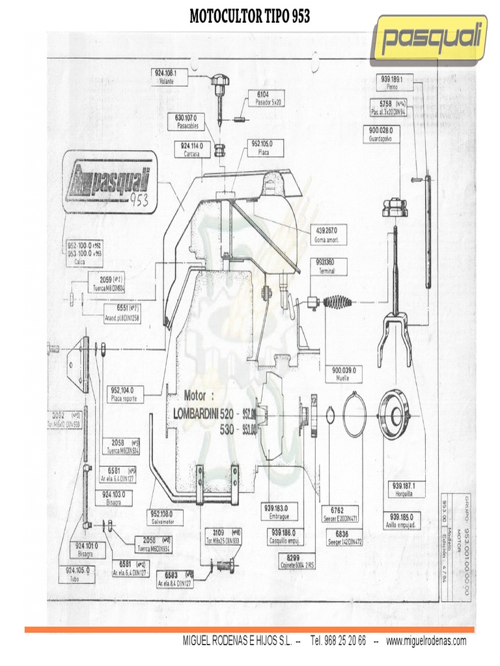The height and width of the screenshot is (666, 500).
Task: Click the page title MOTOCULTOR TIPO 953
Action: click(x=249, y=16)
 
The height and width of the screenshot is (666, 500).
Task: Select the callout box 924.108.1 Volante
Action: click(x=171, y=78)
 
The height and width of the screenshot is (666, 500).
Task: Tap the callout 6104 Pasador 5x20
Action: click(x=267, y=98)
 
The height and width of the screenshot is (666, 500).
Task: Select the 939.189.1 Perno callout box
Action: click(x=393, y=81)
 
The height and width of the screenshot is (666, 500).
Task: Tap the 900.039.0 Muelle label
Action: click(x=344, y=373)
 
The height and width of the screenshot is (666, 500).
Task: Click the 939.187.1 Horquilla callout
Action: click(x=408, y=489)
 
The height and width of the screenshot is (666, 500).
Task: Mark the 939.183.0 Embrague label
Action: click(x=281, y=511)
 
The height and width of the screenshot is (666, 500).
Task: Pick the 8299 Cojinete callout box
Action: click(x=300, y=561)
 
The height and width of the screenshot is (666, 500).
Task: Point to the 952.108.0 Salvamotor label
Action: click(x=166, y=516)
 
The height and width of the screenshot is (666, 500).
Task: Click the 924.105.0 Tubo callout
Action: click(x=77, y=573)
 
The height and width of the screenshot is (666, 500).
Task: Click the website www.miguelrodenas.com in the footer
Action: click(x=426, y=641)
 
